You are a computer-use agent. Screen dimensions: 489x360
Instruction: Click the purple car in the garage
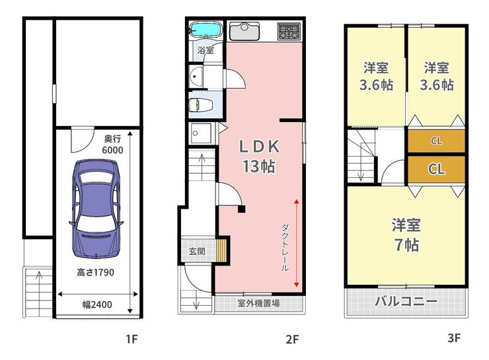[x=96, y=209]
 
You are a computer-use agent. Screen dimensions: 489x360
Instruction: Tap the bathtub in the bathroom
[x=206, y=30]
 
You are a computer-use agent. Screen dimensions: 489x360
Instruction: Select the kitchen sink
[x=244, y=31]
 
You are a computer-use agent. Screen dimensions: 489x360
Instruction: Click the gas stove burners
[x=289, y=31]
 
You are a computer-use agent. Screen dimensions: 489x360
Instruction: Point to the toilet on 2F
[x=200, y=105]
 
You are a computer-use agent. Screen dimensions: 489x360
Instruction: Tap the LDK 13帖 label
[x=259, y=156]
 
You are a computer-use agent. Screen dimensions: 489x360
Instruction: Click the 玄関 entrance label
[x=197, y=250]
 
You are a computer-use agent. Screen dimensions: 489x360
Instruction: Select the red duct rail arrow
[x=296, y=243]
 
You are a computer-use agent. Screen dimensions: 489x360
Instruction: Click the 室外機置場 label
[x=258, y=303]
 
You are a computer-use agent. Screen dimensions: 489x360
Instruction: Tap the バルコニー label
[x=406, y=301]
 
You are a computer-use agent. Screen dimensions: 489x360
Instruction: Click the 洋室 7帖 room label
[x=406, y=234]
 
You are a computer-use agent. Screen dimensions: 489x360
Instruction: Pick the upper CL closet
[x=436, y=141]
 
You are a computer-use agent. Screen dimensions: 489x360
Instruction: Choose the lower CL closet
[x=436, y=169]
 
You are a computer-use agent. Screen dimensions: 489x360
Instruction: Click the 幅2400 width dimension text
[x=97, y=305]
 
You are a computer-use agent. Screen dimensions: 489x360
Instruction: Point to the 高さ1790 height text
[x=95, y=272]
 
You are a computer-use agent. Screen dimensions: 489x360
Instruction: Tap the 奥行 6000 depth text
[x=112, y=144]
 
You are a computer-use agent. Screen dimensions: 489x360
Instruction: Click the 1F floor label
[x=132, y=339]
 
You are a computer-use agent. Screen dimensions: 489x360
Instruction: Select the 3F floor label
[x=454, y=338]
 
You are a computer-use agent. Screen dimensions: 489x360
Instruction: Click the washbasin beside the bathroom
[x=196, y=76]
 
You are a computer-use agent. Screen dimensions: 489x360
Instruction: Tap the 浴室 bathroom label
[x=206, y=50]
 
